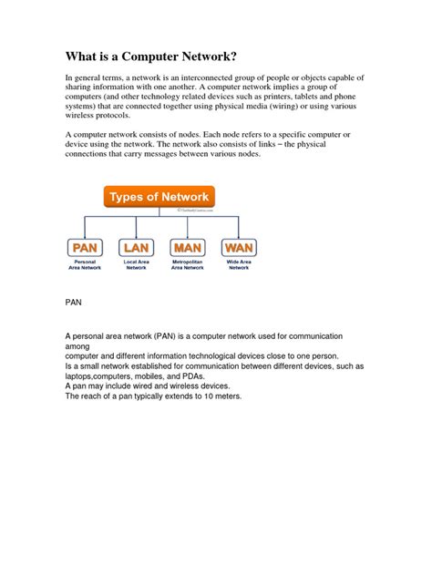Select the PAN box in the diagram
point(86,248)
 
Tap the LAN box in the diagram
point(136,248)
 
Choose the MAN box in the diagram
point(188,248)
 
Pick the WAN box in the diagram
point(239,248)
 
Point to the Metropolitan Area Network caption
point(188,265)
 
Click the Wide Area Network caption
point(239,265)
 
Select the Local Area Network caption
point(136,265)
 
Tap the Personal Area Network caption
point(86,265)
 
